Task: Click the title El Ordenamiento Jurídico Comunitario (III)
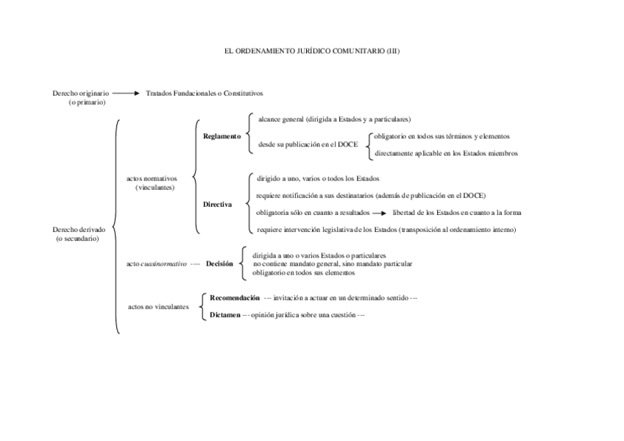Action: point(311,52)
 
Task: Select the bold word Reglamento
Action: point(221,136)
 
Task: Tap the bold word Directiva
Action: point(218,204)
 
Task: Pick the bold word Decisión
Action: point(219,264)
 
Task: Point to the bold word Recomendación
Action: point(235,298)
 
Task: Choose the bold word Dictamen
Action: point(224,314)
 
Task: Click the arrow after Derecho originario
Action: point(127,94)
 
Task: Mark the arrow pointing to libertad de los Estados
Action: point(379,213)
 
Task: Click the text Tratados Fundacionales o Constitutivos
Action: point(205,94)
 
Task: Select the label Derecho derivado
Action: point(79,229)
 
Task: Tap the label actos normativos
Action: point(152,179)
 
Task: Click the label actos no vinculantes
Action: point(157,306)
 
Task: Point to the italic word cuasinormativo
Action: point(164,264)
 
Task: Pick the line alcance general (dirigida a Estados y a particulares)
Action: point(334,119)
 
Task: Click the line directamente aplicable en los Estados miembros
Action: point(446,153)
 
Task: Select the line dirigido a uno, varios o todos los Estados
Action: point(318,178)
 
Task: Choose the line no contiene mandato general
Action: point(332,264)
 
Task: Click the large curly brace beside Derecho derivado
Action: point(116,228)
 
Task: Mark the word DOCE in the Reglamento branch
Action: point(347,145)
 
